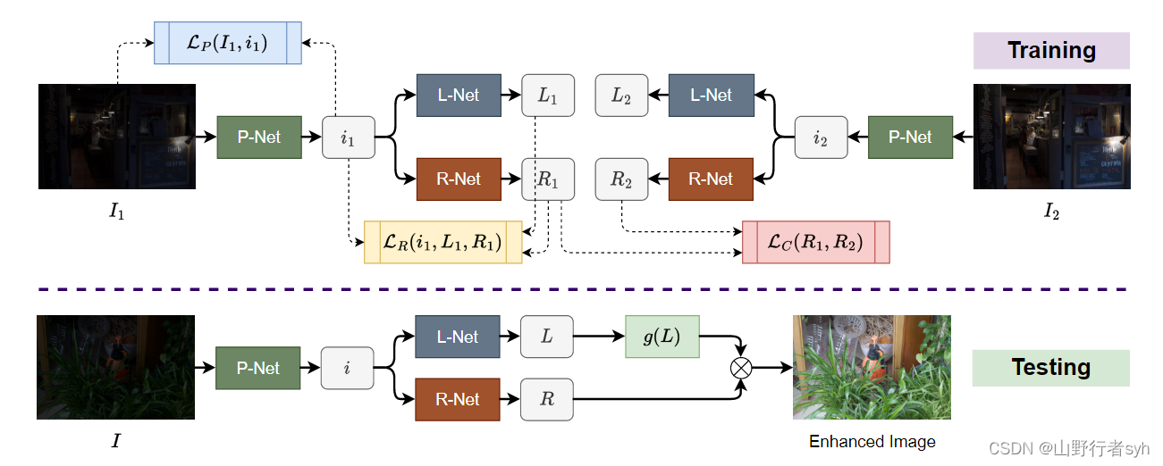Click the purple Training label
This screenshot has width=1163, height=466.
(x=1051, y=51)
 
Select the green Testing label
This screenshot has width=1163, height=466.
(x=1051, y=368)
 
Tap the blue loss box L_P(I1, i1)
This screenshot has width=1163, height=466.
(x=228, y=42)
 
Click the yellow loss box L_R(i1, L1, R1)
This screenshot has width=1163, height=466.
(x=442, y=241)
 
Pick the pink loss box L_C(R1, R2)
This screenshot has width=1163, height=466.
(x=815, y=242)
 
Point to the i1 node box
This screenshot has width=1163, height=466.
(x=349, y=137)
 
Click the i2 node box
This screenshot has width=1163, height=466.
(x=821, y=137)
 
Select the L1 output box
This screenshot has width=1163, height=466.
(x=548, y=96)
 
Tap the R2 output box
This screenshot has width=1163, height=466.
(x=621, y=179)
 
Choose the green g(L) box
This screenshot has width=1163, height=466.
(x=662, y=337)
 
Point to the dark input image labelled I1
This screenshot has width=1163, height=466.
(x=116, y=137)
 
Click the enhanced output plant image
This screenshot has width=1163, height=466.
(x=872, y=367)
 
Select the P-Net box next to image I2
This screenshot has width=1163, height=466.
(x=910, y=137)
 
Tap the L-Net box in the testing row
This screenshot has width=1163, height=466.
(x=458, y=337)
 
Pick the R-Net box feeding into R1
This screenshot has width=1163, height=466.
(x=459, y=179)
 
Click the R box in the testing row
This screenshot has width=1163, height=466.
(x=547, y=399)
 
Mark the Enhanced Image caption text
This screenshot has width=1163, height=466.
(x=872, y=442)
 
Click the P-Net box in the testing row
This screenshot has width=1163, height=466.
(x=258, y=368)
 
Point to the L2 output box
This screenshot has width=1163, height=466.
(x=621, y=96)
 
